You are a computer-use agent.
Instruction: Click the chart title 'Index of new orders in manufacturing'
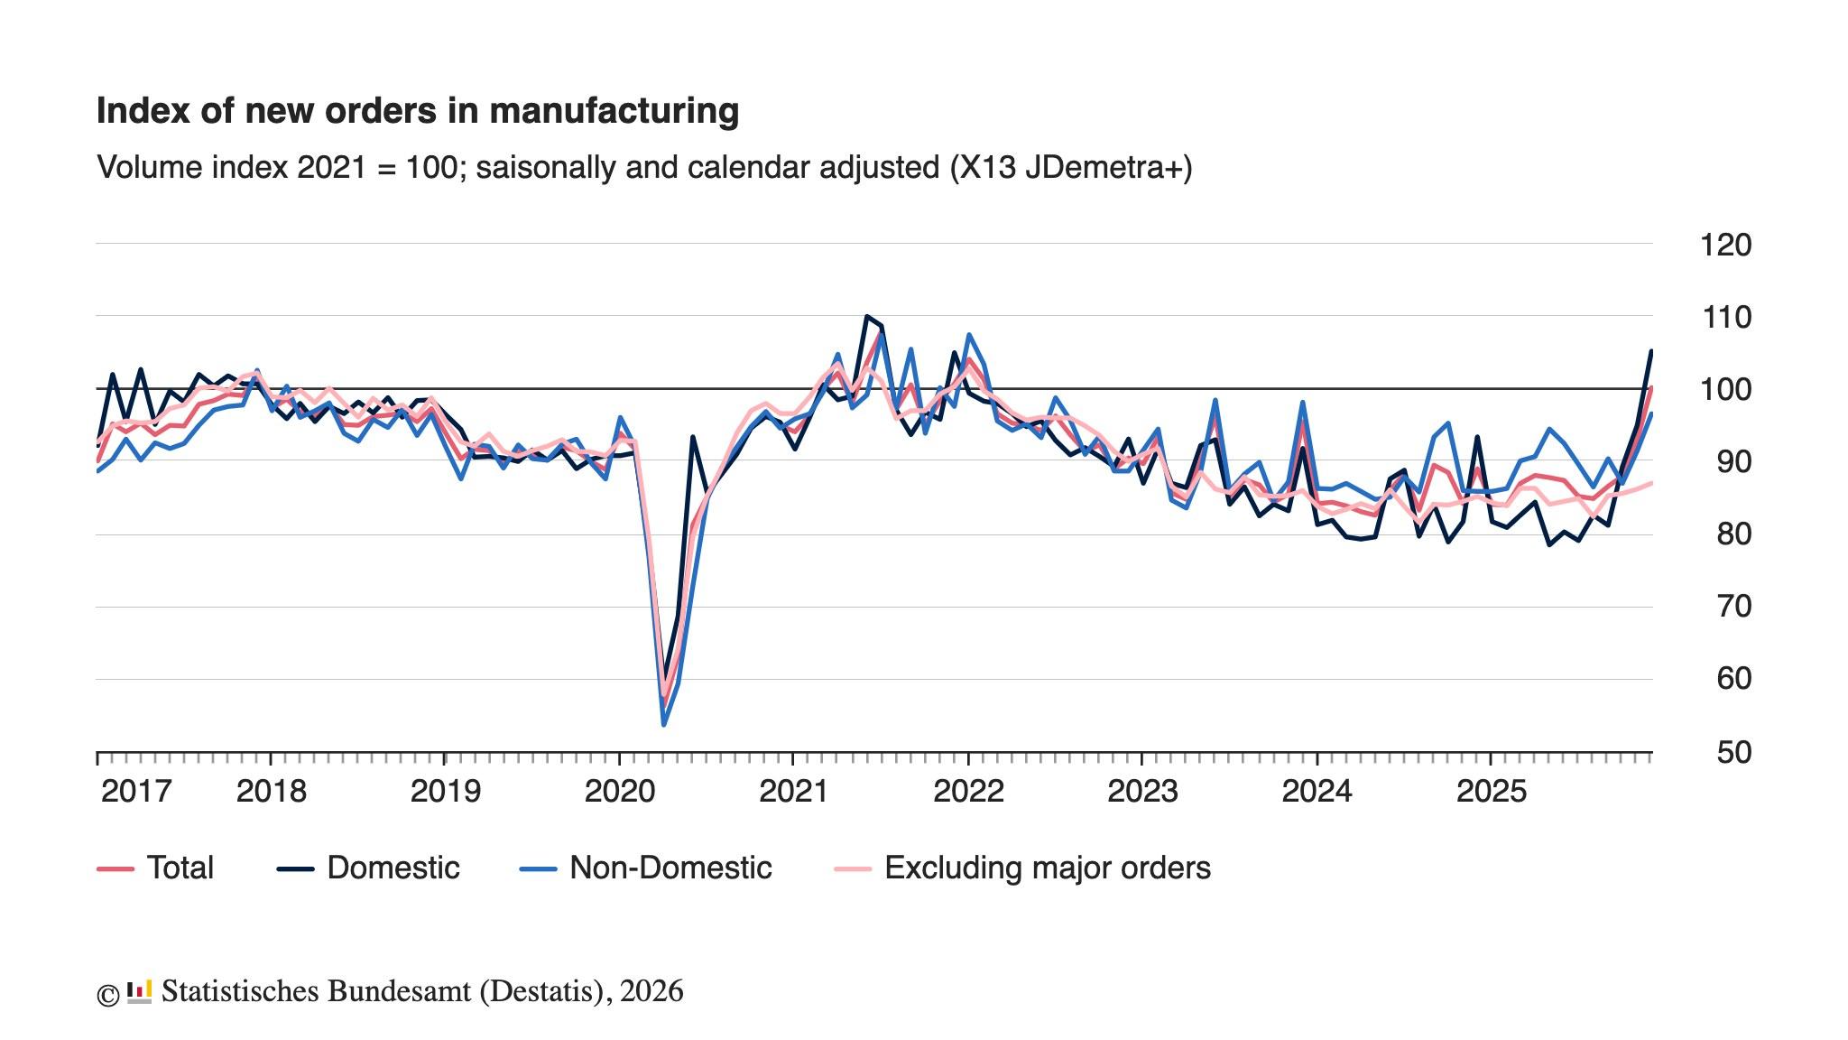click(x=417, y=111)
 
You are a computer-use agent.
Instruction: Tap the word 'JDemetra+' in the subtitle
click(x=1108, y=168)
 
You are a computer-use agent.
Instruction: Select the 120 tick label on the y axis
click(x=1724, y=245)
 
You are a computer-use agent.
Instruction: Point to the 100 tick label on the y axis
click(x=1724, y=390)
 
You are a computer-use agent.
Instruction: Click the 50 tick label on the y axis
click(x=1732, y=752)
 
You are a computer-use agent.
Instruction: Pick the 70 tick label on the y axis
click(x=1732, y=607)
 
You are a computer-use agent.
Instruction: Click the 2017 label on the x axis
click(x=135, y=792)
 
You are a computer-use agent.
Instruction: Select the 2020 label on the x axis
click(x=619, y=792)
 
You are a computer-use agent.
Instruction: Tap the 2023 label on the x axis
click(x=1141, y=792)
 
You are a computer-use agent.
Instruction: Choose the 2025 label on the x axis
click(x=1492, y=792)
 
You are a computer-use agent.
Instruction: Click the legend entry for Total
click(x=155, y=868)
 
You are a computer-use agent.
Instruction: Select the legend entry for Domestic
click(x=368, y=868)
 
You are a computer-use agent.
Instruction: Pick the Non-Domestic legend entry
click(x=646, y=868)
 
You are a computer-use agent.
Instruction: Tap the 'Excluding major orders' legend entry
click(x=1023, y=868)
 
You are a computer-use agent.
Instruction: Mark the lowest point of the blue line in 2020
click(x=664, y=725)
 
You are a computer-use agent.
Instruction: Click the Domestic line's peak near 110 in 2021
click(x=866, y=316)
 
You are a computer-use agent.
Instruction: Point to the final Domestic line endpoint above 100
click(x=1651, y=350)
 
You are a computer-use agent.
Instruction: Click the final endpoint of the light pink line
click(x=1651, y=483)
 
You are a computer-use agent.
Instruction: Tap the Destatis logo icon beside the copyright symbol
click(x=139, y=992)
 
